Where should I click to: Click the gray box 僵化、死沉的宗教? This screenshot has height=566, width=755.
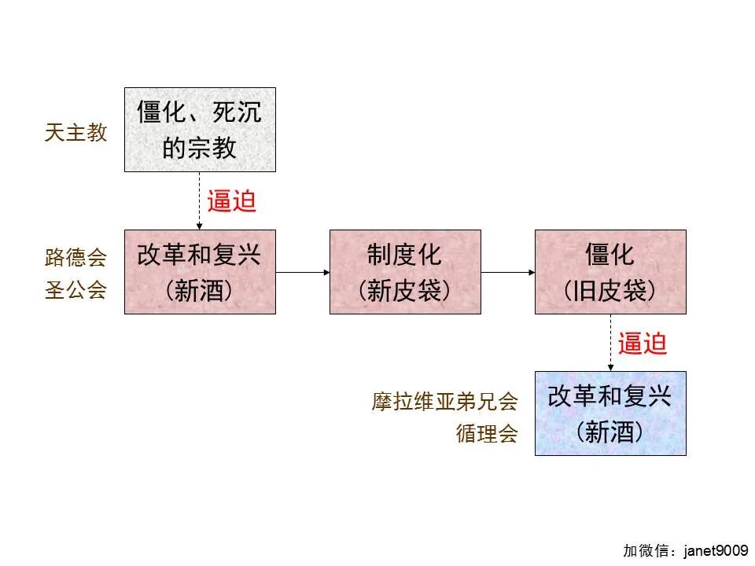200,130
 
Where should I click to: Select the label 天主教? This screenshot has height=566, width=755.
75,133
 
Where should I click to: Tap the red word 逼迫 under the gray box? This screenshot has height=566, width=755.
232,201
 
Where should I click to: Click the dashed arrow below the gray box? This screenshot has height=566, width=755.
200,200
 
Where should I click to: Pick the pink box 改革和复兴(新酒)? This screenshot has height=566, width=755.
200,272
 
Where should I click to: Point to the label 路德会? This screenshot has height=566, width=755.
75,257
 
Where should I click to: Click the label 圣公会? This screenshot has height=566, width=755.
75,290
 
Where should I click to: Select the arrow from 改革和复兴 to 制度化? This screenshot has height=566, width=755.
302,272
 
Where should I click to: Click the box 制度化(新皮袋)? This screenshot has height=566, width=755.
405,272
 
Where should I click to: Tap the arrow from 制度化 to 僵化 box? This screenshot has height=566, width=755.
507,272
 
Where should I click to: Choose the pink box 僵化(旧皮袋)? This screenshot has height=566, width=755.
610,272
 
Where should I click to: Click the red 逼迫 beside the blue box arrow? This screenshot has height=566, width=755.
643,344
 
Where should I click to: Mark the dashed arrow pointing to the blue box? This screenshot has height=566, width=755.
610,343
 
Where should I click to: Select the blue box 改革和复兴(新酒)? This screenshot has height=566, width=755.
610,413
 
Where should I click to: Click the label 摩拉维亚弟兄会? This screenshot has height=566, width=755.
445,402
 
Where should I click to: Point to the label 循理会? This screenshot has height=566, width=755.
487,434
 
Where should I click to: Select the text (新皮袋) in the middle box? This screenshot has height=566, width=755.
405,292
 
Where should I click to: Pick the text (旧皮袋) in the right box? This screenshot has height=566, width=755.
610,292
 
